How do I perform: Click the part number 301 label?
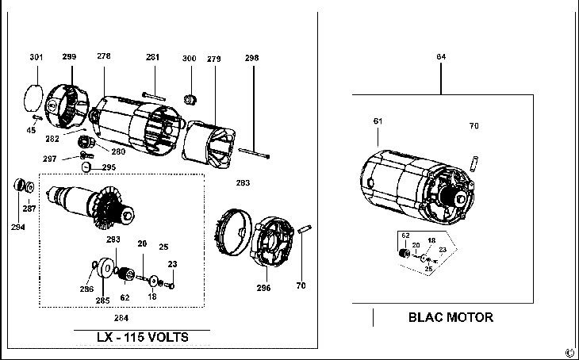click(36, 57)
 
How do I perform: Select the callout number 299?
click(70, 57)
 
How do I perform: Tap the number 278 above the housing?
click(104, 56)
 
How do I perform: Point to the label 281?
click(152, 57)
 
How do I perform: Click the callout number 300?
click(189, 59)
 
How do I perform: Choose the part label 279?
click(213, 59)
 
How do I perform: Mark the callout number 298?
click(251, 59)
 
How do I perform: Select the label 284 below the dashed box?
click(121, 318)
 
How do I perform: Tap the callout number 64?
click(441, 57)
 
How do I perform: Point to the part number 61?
click(378, 121)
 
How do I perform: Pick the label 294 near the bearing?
click(17, 227)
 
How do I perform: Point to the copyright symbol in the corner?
click(569, 351)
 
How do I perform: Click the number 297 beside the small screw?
click(72, 159)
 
